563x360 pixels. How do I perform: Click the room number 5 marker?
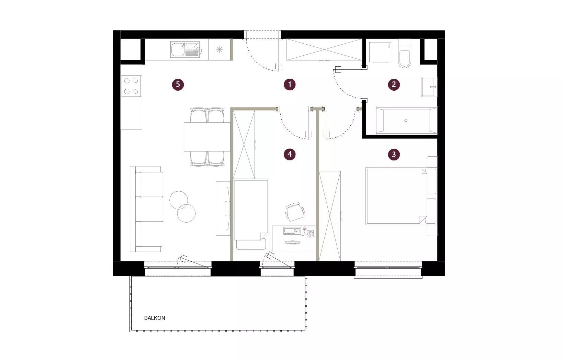(x=178, y=85)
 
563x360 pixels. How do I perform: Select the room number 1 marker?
(x=290, y=85)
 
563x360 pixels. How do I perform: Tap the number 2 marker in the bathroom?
(x=394, y=85)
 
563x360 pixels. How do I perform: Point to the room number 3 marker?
(x=394, y=154)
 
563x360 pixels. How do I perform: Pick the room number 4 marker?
(x=290, y=154)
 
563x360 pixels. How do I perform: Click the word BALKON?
(x=155, y=318)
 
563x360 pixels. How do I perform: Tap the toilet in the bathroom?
(x=405, y=53)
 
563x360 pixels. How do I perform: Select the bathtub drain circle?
(x=406, y=121)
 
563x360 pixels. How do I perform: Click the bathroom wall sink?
(x=429, y=87)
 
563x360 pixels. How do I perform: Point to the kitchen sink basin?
(x=178, y=49)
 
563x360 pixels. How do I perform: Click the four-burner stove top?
(x=131, y=86)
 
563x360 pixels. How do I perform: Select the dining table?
(x=207, y=137)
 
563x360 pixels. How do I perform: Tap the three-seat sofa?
(x=147, y=209)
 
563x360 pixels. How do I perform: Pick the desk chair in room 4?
(x=295, y=212)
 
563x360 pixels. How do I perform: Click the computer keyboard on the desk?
(x=292, y=231)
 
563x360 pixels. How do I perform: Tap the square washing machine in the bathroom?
(x=380, y=52)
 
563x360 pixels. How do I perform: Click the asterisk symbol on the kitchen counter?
(x=219, y=49)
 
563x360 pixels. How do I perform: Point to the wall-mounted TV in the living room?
(x=228, y=209)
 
